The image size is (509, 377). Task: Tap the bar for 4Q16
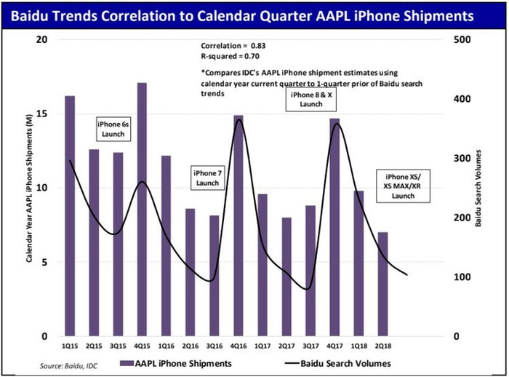(x=238, y=226)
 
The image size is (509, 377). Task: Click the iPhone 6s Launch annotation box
(x=113, y=130)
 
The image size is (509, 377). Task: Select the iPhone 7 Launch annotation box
(x=207, y=178)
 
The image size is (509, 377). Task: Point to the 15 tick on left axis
(x=42, y=114)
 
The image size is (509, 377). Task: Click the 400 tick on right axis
(x=460, y=99)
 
